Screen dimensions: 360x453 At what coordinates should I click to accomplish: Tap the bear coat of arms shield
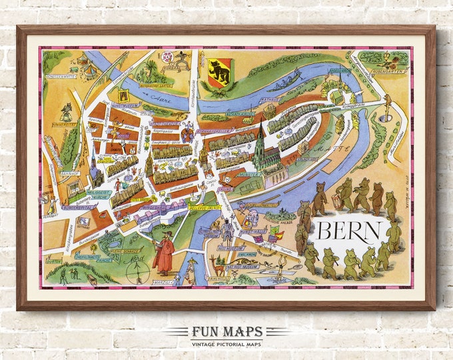[219, 71]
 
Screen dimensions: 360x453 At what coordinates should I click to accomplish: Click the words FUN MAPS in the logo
[226, 331]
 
